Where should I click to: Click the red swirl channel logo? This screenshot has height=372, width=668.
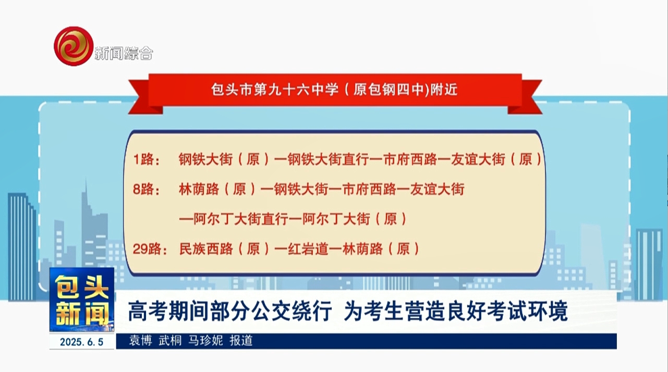coord(74,46)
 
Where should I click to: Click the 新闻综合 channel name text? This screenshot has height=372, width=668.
coord(124,54)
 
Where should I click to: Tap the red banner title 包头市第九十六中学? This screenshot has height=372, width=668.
coord(275,89)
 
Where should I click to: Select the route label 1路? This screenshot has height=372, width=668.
coord(147,159)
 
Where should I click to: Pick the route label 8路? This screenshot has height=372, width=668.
coord(146,189)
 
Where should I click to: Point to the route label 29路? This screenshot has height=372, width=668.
coord(150,249)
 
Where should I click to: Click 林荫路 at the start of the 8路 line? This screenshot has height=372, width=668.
coord(199,189)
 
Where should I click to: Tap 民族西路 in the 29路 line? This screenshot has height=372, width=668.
coord(206,249)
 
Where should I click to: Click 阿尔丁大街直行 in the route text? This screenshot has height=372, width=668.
coord(241,219)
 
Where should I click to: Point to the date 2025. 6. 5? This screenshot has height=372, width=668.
coord(82,342)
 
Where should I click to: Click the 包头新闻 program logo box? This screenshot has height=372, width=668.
coord(82,300)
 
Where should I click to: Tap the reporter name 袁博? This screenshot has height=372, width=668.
coord(140,340)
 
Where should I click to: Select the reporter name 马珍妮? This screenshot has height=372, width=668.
coord(205,340)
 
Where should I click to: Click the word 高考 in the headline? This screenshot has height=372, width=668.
coord(148,311)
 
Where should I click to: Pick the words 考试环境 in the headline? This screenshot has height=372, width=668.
coord(527,311)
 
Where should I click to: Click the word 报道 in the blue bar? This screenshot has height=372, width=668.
coord(241,340)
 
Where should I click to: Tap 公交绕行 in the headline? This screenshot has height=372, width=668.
coord(292,311)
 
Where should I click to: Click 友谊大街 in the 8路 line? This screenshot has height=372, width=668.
coord(437,189)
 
